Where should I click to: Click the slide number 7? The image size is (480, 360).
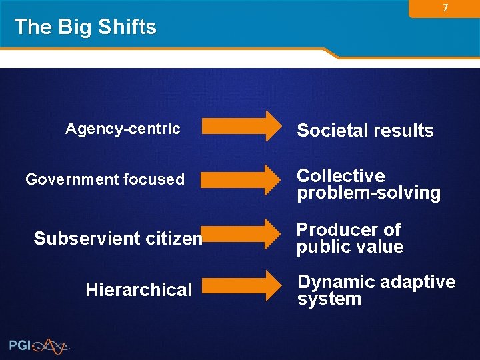point(445,8)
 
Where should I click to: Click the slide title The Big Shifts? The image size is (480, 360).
point(85,27)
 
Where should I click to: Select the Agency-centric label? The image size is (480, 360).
point(123,129)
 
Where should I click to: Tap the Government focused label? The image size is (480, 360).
point(105,179)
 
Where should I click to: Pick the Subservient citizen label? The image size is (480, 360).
point(117,238)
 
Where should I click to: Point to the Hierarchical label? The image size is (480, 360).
point(139,289)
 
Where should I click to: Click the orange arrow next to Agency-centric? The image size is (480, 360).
point(242,126)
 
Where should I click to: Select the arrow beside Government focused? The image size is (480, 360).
point(242,179)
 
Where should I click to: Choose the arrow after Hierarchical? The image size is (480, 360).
point(242,285)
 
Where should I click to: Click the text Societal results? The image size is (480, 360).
point(365,131)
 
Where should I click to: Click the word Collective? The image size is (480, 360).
point(341,175)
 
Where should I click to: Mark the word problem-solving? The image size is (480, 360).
point(369,193)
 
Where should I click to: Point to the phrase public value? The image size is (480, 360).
point(350,247)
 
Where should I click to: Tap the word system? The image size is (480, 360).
point(329,299)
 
